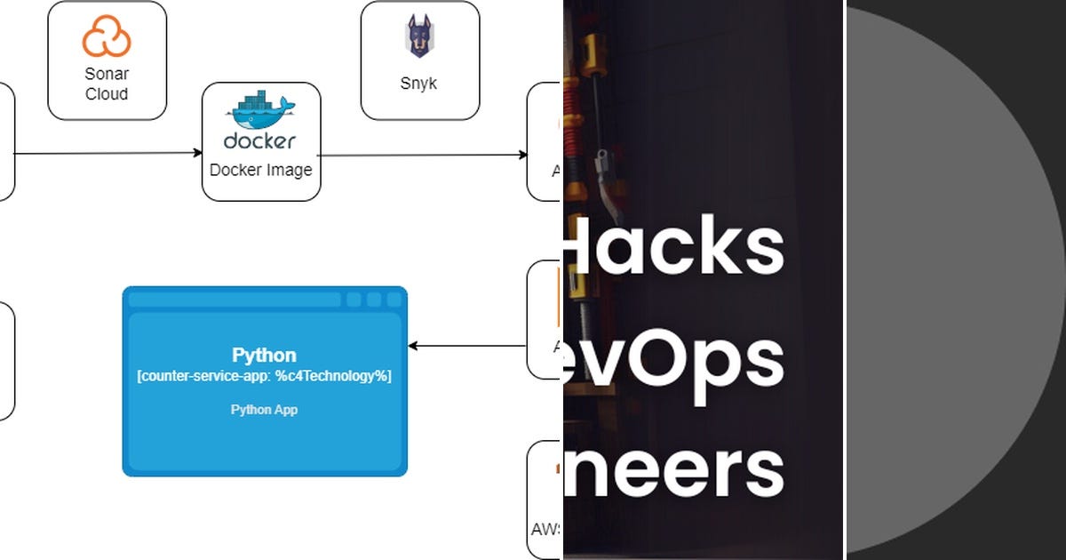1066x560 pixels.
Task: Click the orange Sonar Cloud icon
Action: coord(107,38)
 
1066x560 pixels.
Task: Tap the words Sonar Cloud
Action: coord(107,84)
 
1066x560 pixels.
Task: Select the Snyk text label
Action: coord(418,84)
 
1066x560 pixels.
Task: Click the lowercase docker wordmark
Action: coord(259,140)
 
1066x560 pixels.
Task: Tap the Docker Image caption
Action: coord(260,170)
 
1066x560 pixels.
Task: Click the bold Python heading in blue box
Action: coord(264,356)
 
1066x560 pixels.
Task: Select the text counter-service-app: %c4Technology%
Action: coord(264,376)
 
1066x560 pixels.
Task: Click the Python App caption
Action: coord(264,410)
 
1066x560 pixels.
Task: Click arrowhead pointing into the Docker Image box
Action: coord(198,153)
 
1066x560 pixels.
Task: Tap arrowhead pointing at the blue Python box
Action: coord(413,346)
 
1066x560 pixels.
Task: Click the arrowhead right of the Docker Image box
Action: coord(523,156)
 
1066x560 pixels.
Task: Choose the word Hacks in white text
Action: coord(675,246)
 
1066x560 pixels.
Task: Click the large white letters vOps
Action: coord(675,360)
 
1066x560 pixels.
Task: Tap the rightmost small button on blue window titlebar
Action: coord(394,300)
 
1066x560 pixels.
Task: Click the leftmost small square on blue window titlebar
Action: coord(354,300)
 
